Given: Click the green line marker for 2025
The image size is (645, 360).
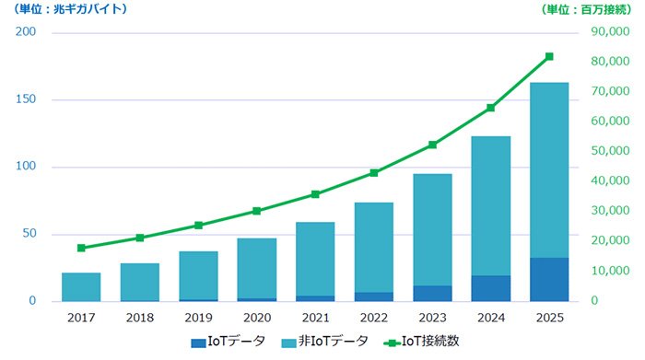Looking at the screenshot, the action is [x=549, y=57].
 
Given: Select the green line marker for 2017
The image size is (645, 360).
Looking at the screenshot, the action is [x=81, y=248].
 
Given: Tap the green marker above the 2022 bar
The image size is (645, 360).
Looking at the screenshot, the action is [x=374, y=173].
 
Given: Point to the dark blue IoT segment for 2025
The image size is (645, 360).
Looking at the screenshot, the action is [x=549, y=280].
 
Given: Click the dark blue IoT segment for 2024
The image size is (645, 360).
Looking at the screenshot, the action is [x=491, y=288].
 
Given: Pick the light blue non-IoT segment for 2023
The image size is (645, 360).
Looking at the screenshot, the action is [x=432, y=230].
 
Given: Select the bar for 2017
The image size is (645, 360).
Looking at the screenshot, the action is [x=81, y=287].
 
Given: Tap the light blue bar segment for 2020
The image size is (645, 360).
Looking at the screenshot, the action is [x=257, y=268].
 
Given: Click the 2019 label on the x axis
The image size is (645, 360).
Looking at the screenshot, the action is [x=199, y=318].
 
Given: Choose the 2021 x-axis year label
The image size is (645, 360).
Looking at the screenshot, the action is [x=315, y=318].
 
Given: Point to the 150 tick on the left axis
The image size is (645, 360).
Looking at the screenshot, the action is [x=26, y=99].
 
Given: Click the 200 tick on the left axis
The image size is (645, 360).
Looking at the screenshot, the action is [x=26, y=31].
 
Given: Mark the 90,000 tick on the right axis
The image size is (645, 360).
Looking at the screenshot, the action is [x=610, y=31].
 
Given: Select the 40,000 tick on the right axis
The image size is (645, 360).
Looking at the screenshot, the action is [x=610, y=180].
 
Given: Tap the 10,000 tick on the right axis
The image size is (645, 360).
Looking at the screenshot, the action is [x=610, y=271].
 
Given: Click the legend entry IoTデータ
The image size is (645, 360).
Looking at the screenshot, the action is [x=229, y=342].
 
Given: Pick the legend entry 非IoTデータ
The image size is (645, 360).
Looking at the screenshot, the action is [x=325, y=342].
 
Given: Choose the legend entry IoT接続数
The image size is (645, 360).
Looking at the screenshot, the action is [x=421, y=342].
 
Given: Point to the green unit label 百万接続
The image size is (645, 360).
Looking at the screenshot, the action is [x=605, y=9].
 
